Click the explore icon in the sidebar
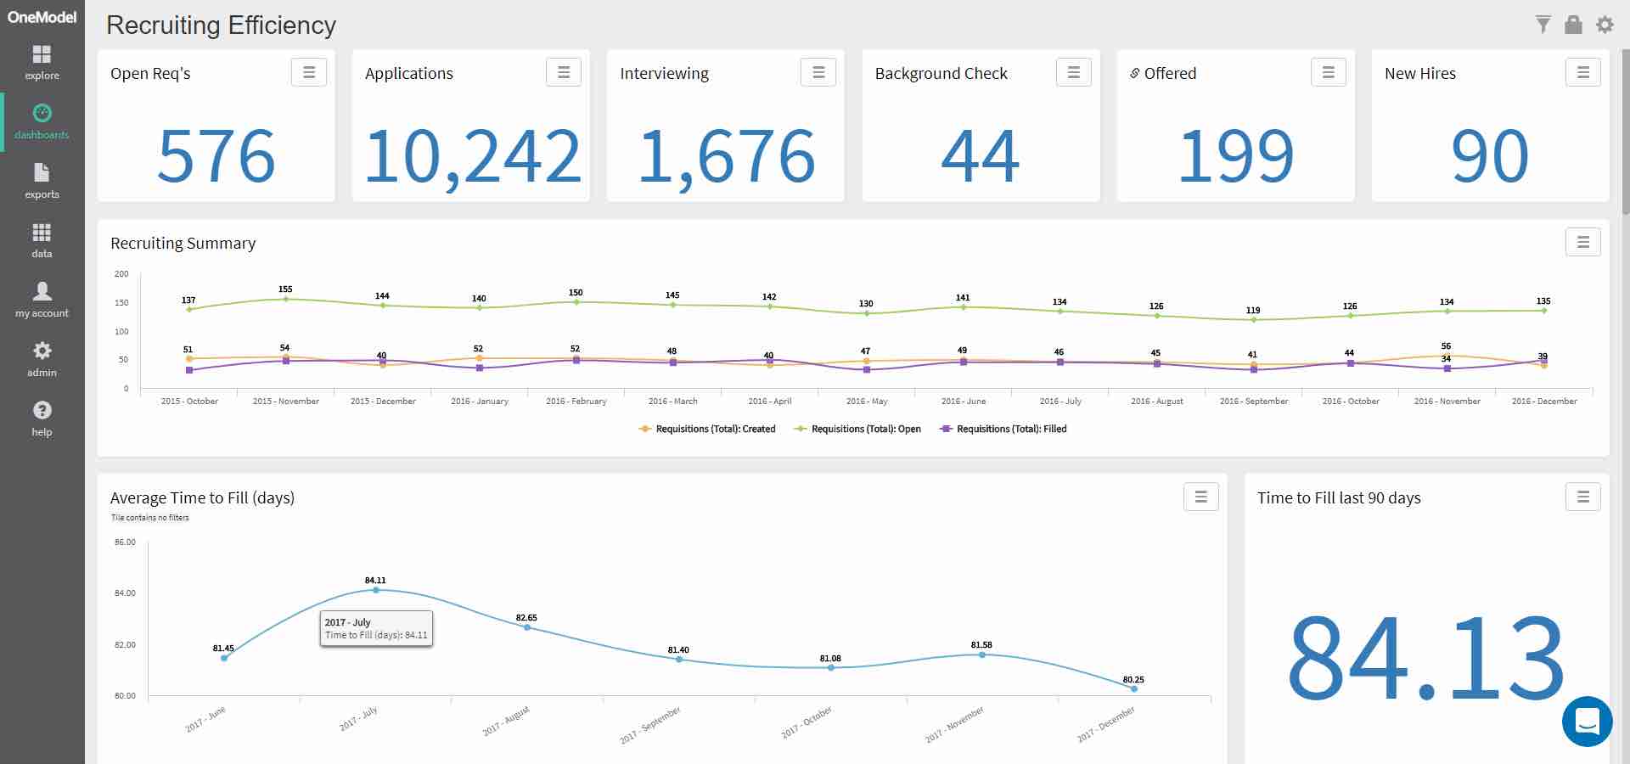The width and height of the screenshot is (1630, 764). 42,55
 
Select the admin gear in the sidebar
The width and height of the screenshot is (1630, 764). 42,351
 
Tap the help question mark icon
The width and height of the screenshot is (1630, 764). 42,411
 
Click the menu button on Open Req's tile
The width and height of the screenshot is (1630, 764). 309,73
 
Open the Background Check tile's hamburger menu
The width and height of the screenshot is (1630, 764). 1073,73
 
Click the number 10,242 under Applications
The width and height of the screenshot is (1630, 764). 471,156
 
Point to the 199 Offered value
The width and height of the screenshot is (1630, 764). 1235,156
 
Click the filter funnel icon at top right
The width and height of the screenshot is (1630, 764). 1543,25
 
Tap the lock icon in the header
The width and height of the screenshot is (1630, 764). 1573,25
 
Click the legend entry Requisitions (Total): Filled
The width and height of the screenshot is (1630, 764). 1003,430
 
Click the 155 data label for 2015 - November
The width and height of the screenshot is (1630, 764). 285,289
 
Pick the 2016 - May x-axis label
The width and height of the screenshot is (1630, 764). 867,402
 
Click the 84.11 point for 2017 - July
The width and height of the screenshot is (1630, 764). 376,590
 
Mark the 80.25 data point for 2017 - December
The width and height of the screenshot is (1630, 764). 1134,688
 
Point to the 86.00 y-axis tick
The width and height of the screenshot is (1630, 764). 125,542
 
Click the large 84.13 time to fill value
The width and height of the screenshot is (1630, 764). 1425,658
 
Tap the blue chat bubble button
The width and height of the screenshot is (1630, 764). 1587,722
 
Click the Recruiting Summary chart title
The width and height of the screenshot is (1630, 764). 183,244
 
